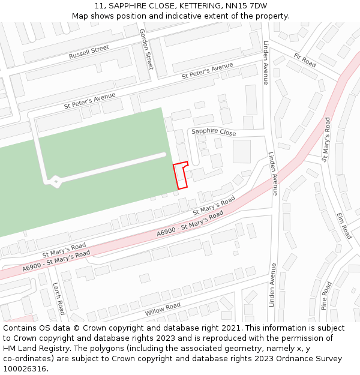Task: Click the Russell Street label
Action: (x=89, y=52)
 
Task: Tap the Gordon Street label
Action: (x=146, y=49)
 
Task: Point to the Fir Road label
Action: (x=305, y=60)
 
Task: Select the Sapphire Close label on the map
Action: (x=214, y=133)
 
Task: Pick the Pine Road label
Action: (x=326, y=295)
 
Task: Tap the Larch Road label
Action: (x=58, y=299)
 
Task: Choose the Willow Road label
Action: (x=162, y=310)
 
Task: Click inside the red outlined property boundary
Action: (x=180, y=177)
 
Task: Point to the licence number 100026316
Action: (x=25, y=368)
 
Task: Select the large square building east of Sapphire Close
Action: (x=242, y=151)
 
